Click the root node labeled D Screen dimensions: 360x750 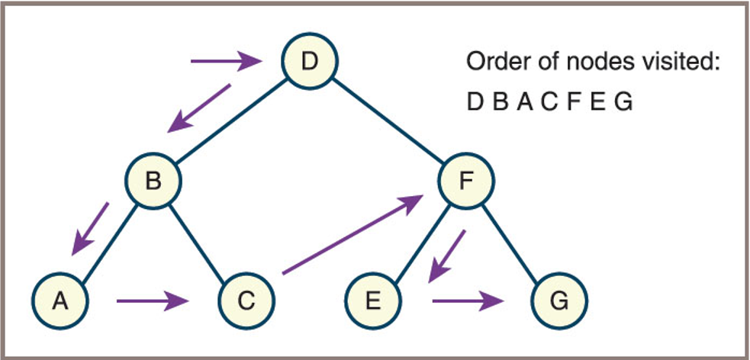pyautogui.click(x=309, y=61)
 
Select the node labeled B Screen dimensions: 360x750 pyautogui.click(x=153, y=181)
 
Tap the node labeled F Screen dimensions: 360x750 pyautogui.click(x=467, y=181)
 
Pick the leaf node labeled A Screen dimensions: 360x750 pyautogui.click(x=59, y=301)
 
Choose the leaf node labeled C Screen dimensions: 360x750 pyautogui.click(x=246, y=301)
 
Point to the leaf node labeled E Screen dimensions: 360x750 pyautogui.click(x=372, y=301)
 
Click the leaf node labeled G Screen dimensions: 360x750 pyautogui.click(x=559, y=301)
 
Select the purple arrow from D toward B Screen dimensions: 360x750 pyautogui.click(x=200, y=106)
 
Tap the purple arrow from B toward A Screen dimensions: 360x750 pyautogui.click(x=91, y=228)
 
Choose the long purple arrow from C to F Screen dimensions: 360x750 pyautogui.click(x=352, y=234)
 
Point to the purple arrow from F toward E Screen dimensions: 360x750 pyautogui.click(x=446, y=255)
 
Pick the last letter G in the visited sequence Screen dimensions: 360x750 pyautogui.click(x=623, y=101)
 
